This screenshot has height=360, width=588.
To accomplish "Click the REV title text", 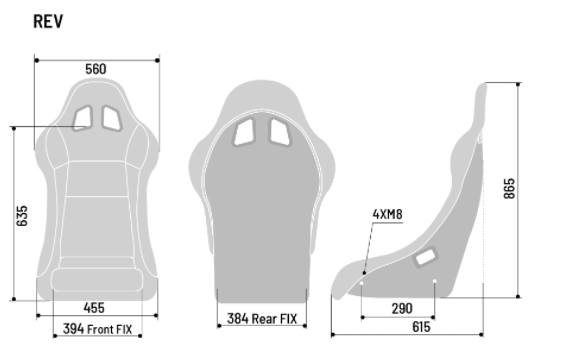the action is [x=48, y=21].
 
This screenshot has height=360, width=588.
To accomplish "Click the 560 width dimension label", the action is [x=96, y=69].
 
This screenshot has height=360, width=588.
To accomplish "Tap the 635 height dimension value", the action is [x=22, y=216].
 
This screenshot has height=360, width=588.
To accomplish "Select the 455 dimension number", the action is [x=94, y=308].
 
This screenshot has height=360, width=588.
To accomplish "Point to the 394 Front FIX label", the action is [x=98, y=329].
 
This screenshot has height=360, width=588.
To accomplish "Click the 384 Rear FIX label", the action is [x=262, y=319].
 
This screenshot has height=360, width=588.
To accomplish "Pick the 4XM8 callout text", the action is [x=387, y=214].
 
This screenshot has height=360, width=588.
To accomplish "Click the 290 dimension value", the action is [x=402, y=309].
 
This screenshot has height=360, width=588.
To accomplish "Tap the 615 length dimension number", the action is [x=421, y=327].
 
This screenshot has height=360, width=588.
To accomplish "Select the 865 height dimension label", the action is [x=509, y=189].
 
